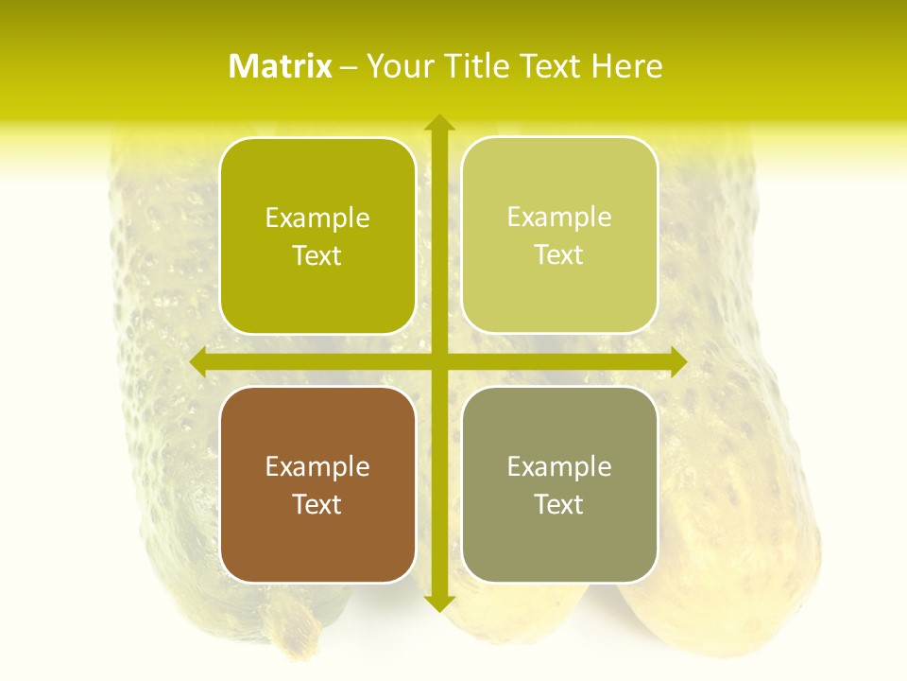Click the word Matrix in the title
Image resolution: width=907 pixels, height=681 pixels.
(x=281, y=66)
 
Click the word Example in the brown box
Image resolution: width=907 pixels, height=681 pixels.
(x=317, y=466)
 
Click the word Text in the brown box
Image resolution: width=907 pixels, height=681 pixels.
(x=317, y=504)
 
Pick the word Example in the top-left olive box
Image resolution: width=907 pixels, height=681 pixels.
(x=317, y=218)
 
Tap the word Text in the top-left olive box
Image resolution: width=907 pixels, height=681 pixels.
(x=317, y=255)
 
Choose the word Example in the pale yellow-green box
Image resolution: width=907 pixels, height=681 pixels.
(x=559, y=218)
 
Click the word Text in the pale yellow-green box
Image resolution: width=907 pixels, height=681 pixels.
(x=559, y=254)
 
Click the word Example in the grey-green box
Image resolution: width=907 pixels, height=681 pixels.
(x=559, y=466)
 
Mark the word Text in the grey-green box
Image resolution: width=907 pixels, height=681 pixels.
(x=559, y=504)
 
